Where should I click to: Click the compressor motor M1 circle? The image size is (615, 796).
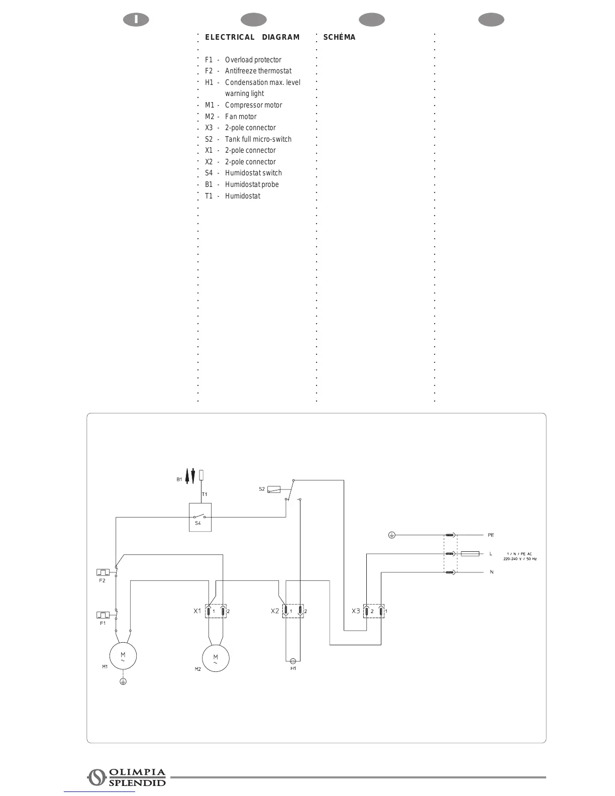[123, 656]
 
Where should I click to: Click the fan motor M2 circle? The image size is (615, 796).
[216, 658]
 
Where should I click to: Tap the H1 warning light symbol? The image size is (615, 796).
[292, 661]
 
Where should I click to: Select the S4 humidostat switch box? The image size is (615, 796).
[200, 517]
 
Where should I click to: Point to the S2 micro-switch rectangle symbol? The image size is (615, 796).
[274, 489]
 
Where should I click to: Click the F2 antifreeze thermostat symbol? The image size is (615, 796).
[103, 572]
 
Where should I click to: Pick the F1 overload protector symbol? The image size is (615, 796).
[103, 615]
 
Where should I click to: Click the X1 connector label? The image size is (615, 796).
[197, 611]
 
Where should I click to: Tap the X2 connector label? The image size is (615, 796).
[275, 611]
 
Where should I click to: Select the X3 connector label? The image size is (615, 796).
[356, 611]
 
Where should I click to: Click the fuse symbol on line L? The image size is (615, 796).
[470, 554]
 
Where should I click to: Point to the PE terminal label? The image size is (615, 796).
[491, 535]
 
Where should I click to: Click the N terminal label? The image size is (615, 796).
[491, 572]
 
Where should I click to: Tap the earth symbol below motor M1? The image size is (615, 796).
[123, 682]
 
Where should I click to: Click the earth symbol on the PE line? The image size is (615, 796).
[392, 535]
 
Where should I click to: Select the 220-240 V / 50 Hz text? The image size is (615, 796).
[520, 559]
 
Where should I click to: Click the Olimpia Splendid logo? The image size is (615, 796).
[127, 777]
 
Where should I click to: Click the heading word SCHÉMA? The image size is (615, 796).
[339, 37]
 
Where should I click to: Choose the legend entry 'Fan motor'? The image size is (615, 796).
[241, 117]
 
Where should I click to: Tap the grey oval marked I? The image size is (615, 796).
[136, 20]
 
